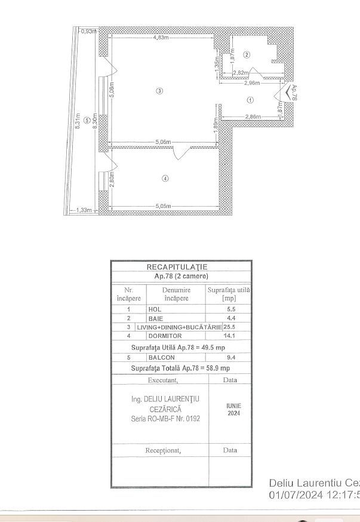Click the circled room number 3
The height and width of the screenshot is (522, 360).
(x=159, y=91)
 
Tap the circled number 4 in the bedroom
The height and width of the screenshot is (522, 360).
(x=165, y=177)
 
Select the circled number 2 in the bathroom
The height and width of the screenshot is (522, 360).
(x=247, y=55)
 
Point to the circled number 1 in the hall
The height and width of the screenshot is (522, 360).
(x=251, y=100)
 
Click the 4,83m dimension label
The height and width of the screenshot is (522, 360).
(x=161, y=38)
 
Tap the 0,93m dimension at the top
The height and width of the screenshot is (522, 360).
(x=88, y=30)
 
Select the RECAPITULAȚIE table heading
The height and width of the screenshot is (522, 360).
(x=177, y=267)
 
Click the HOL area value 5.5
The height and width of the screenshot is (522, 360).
(x=228, y=309)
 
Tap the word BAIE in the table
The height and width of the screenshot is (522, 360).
(x=156, y=318)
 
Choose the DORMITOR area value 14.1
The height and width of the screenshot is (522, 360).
(x=228, y=336)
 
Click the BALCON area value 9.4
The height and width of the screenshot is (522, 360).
(x=228, y=357)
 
